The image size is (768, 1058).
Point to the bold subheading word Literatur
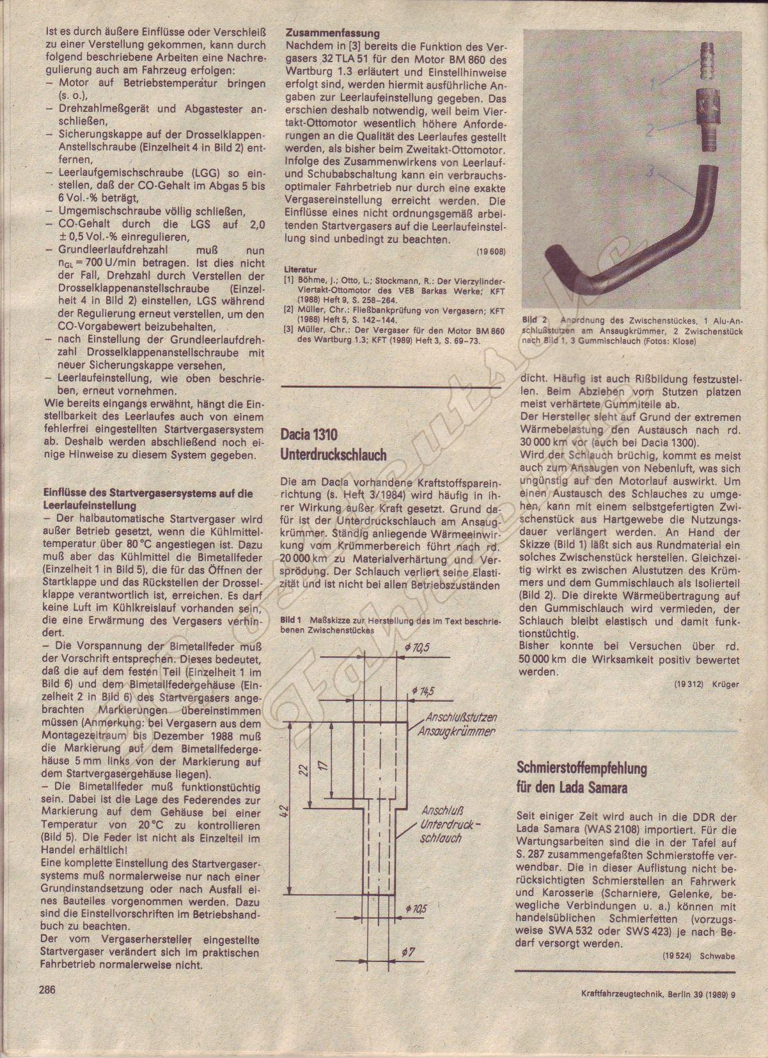(x=301, y=270)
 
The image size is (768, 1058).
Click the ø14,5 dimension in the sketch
(x=423, y=691)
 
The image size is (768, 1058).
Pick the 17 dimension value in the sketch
(x=325, y=766)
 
